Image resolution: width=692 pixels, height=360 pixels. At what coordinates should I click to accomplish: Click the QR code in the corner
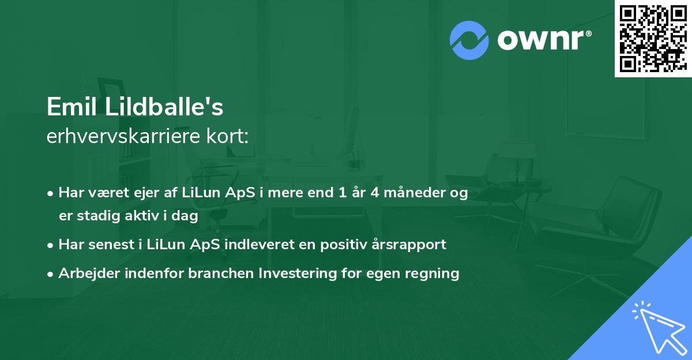[653, 39]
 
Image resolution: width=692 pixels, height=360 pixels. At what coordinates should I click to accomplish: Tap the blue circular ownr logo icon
[469, 40]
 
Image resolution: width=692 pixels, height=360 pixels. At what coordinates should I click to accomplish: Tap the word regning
[432, 273]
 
